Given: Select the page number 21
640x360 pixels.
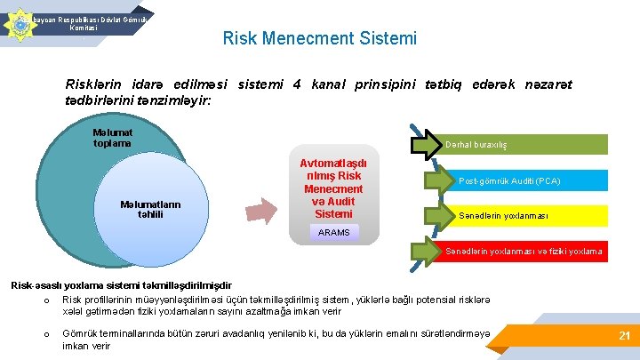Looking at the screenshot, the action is point(624,335).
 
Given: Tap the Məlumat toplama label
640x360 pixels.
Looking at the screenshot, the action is point(112,138).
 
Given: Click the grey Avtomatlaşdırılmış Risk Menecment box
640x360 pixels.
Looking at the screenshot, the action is point(333,188).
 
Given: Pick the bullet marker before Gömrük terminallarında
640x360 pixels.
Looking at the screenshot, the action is point(34,333).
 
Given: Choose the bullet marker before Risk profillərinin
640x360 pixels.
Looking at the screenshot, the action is point(34,299).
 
